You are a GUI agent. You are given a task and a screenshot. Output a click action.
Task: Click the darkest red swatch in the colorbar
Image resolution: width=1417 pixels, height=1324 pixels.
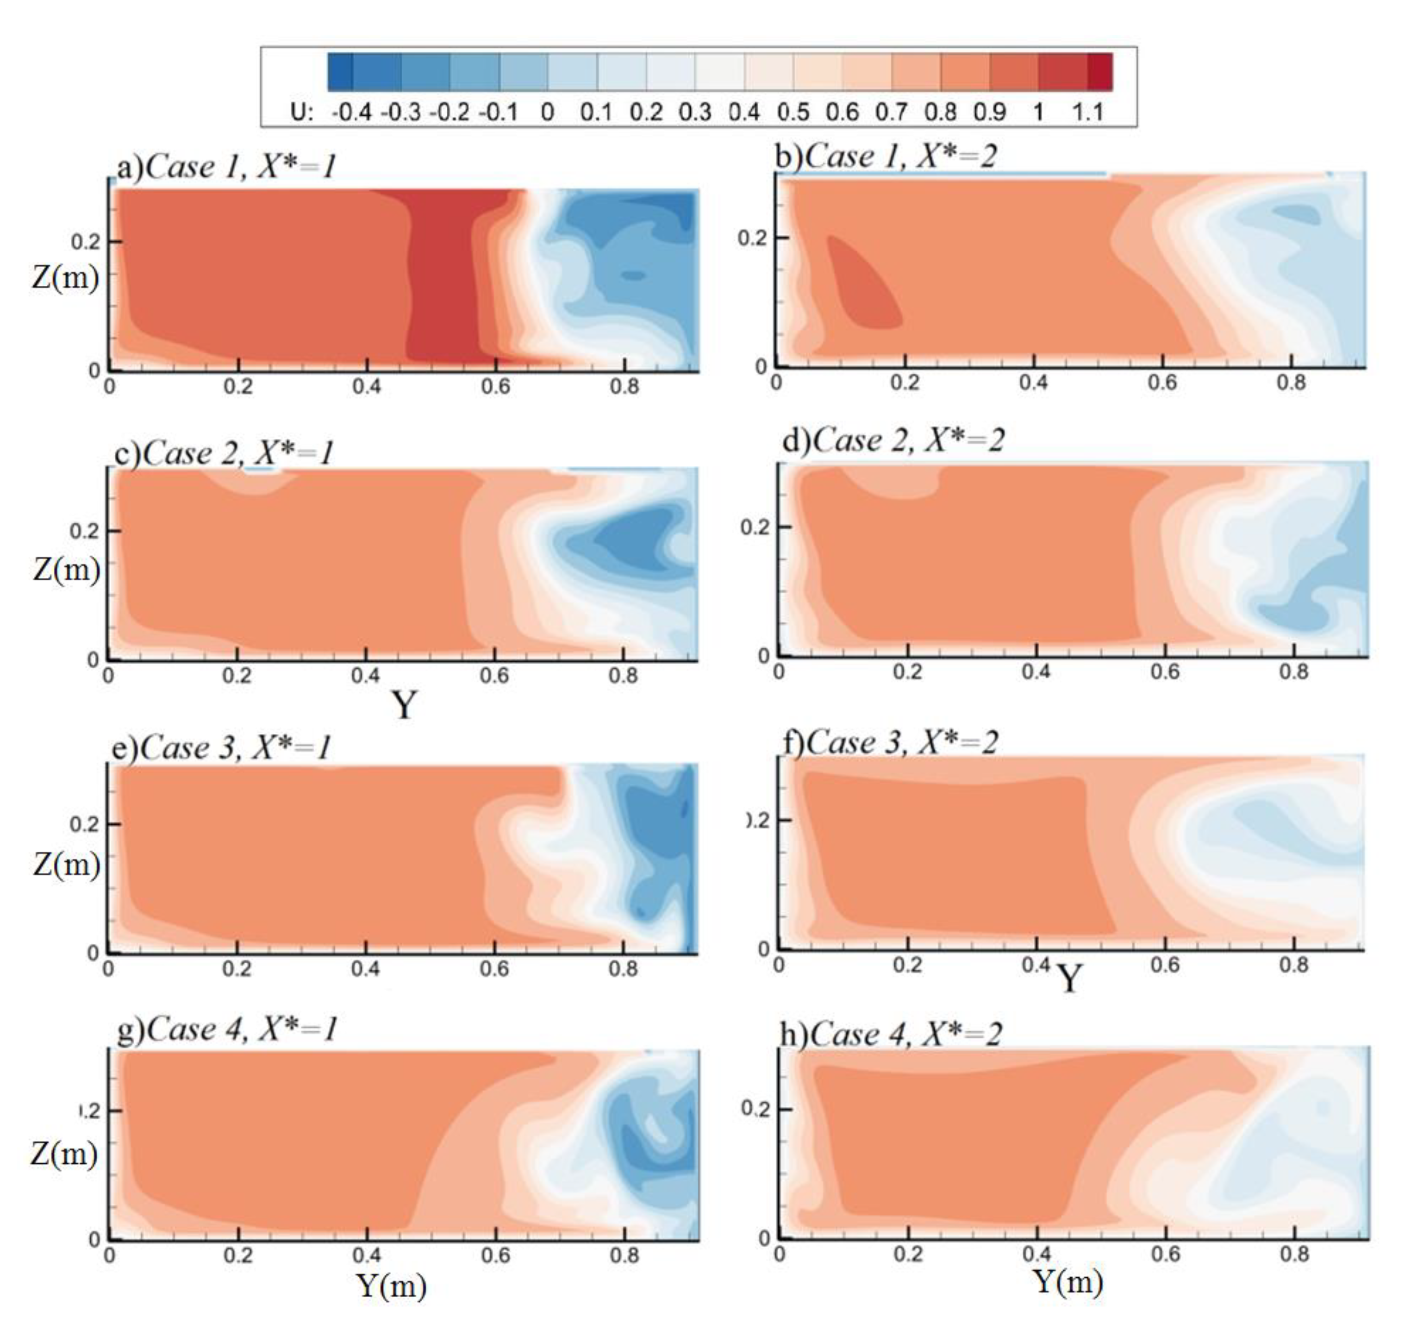tap(1099, 72)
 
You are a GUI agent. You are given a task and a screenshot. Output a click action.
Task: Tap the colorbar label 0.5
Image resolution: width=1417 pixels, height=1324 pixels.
tap(793, 112)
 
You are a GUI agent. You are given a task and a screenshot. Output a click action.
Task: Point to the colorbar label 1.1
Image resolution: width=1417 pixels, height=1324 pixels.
tap(1088, 112)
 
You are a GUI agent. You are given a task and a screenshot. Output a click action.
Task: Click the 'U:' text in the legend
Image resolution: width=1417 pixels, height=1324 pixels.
tap(301, 112)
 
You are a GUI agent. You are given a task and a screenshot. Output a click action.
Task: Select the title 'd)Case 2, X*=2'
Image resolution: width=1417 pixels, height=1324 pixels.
tap(893, 440)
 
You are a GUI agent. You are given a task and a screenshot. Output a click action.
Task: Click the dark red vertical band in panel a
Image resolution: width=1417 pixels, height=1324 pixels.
tap(442, 278)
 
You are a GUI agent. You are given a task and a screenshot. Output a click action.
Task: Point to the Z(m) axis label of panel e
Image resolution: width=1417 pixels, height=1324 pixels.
tap(66, 864)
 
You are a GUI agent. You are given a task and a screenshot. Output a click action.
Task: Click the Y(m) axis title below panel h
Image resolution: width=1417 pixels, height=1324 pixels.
tap(1067, 1281)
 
